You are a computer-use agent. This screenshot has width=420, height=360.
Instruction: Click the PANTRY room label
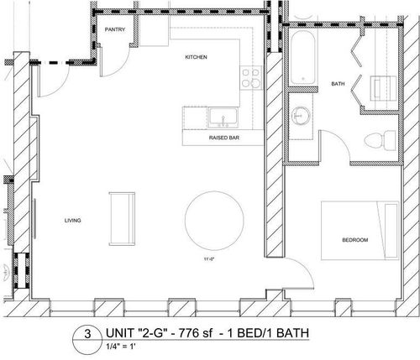click(115, 29)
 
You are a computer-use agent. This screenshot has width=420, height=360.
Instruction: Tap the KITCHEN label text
click(196, 57)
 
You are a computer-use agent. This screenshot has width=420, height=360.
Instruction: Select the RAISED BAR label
click(224, 138)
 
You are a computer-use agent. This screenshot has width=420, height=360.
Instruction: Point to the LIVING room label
click(73, 221)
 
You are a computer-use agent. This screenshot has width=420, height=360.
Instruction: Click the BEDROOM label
click(355, 240)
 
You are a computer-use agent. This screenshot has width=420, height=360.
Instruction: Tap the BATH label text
click(338, 84)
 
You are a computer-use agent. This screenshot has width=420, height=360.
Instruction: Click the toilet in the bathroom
click(381, 139)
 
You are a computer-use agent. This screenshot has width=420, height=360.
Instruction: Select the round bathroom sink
click(301, 116)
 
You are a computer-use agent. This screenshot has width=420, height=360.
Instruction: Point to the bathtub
click(303, 57)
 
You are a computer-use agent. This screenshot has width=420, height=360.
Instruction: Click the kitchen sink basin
click(223, 117)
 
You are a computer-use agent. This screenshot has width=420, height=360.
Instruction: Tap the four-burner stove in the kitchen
click(250, 78)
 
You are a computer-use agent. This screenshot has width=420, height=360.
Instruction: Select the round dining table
click(214, 221)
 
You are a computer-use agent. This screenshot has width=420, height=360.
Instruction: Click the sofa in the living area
click(122, 219)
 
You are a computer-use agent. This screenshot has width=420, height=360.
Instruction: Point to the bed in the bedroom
click(360, 231)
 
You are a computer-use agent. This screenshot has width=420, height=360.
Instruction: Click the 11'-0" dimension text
click(209, 259)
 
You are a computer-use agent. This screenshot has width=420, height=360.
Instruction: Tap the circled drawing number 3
click(87, 334)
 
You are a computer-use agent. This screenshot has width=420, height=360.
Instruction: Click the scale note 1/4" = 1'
click(121, 347)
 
